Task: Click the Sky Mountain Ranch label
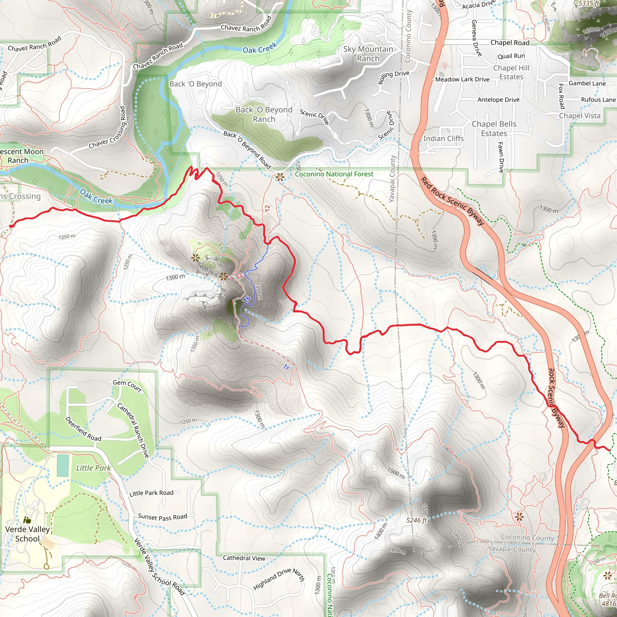point(368,54)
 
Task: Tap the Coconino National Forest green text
point(334,174)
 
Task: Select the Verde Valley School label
point(27,534)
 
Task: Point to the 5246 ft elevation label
point(416,520)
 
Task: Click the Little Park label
point(93,468)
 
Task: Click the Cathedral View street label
point(244,558)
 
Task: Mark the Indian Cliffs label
point(443,139)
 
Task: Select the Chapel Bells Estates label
point(494,129)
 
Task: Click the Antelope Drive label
point(498,100)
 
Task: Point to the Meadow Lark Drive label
point(462,79)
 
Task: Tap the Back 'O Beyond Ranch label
point(264,114)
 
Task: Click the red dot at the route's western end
point(11,226)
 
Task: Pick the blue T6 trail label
point(247,299)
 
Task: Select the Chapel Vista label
point(579,116)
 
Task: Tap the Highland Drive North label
point(279,579)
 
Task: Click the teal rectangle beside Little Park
point(63,465)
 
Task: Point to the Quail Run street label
point(511,56)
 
